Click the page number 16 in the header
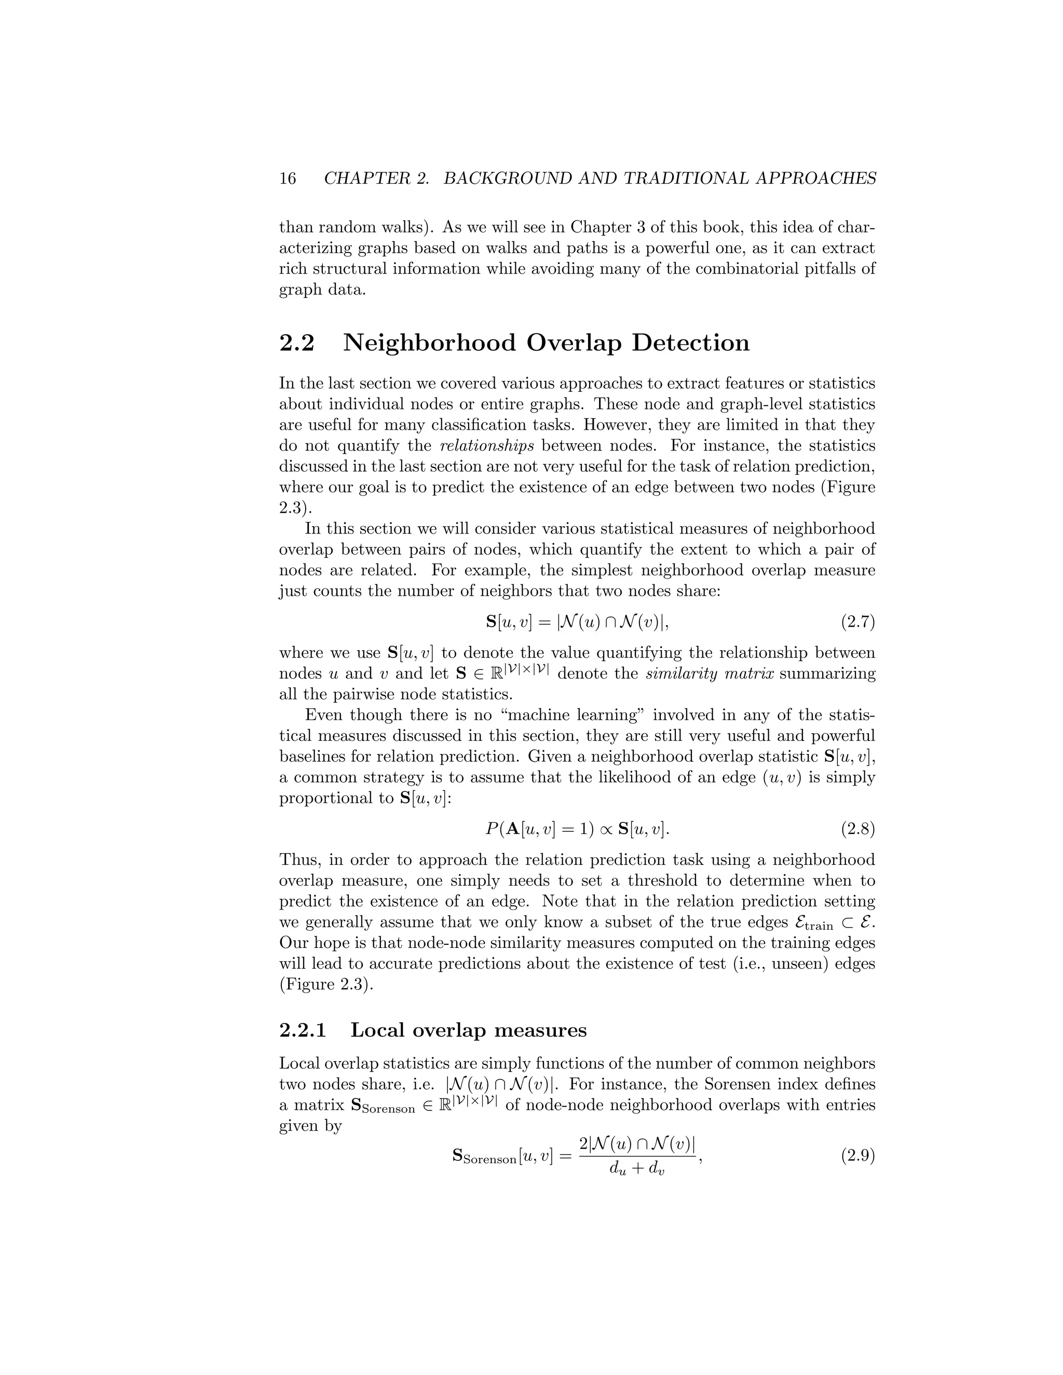(287, 179)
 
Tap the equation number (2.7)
(857, 623)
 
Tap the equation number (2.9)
(857, 1157)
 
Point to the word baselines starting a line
(310, 757)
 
